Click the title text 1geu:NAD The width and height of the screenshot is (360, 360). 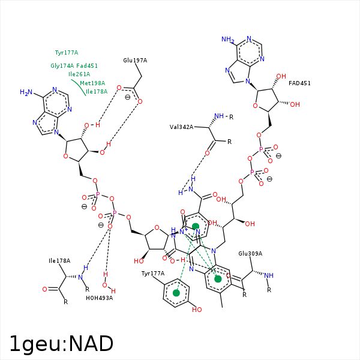(61, 344)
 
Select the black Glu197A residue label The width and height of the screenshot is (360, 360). (135, 61)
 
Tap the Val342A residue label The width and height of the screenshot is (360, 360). (181, 127)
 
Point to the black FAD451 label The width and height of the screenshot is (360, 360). (299, 83)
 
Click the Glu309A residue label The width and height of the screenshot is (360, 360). (251, 254)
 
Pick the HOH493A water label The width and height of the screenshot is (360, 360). (99, 298)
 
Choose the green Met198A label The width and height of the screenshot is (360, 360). (92, 83)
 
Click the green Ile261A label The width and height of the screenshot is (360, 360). (79, 74)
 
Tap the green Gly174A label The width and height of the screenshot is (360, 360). (62, 66)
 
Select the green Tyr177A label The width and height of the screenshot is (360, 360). (67, 53)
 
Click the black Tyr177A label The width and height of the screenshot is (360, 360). (153, 274)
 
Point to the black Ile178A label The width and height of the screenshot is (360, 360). (59, 261)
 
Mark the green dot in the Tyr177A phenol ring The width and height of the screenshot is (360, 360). (176, 293)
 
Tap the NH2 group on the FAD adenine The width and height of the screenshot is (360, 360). (227, 40)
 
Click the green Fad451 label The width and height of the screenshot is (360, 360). (87, 66)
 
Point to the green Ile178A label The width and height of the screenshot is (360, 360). (97, 92)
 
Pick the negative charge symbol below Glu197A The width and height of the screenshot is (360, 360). (127, 96)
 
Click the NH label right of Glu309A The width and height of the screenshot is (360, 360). (269, 275)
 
